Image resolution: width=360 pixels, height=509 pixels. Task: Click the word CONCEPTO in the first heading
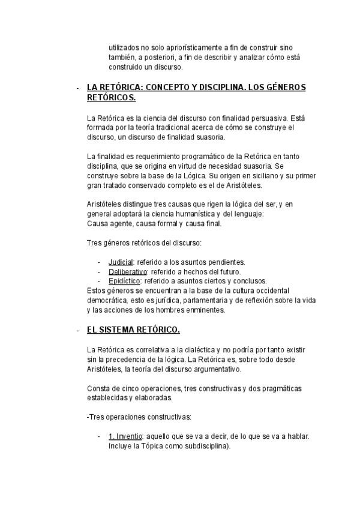tap(176, 88)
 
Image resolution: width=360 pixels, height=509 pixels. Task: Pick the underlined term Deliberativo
tap(127, 272)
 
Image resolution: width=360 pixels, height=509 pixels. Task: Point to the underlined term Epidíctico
tap(124, 281)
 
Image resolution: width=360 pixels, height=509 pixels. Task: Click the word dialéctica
tap(196, 350)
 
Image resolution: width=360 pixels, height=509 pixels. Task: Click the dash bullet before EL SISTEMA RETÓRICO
tap(78, 331)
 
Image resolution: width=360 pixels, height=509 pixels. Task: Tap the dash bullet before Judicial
tap(99, 262)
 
